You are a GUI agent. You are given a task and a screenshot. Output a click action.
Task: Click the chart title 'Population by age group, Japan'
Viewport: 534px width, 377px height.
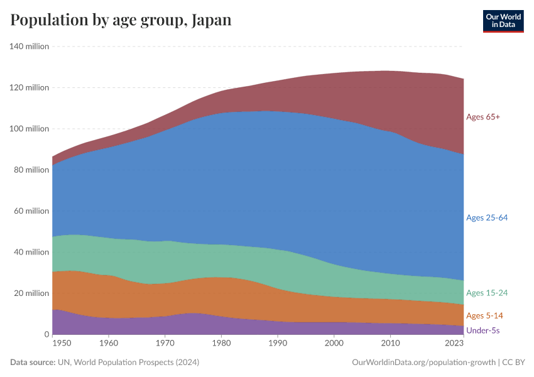point(121,20)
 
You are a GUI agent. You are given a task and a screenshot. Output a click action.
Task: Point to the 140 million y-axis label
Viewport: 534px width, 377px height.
point(29,46)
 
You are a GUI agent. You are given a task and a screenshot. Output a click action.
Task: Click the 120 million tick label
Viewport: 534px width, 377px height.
point(29,87)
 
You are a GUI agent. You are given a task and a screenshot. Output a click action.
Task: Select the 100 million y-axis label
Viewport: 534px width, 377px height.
point(29,129)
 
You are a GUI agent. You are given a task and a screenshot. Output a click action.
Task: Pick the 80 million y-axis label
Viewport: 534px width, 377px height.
point(31,170)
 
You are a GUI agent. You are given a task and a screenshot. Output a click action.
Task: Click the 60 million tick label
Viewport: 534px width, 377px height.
point(31,211)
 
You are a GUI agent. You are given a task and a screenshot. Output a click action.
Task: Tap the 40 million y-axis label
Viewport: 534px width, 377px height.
point(31,252)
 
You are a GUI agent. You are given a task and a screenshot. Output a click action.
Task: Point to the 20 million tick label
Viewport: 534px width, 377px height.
point(31,293)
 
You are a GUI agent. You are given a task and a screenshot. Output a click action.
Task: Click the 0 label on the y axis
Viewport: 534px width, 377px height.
point(46,334)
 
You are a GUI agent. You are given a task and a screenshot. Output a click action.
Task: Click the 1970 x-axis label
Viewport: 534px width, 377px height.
point(165,344)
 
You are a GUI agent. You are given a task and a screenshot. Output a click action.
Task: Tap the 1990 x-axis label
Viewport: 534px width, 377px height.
point(277,344)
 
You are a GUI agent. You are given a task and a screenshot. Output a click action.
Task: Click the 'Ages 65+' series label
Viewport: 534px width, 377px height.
point(482,117)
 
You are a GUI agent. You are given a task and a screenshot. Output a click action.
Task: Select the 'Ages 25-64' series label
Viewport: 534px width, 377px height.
point(486,218)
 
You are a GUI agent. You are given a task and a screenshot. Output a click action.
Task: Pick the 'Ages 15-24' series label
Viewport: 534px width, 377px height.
point(486,293)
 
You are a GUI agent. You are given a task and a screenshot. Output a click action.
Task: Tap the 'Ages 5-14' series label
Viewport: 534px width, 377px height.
point(484,315)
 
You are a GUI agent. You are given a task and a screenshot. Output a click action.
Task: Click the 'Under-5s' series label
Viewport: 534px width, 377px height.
point(482,330)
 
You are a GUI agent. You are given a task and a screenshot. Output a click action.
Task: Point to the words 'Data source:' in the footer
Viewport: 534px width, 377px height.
point(32,363)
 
